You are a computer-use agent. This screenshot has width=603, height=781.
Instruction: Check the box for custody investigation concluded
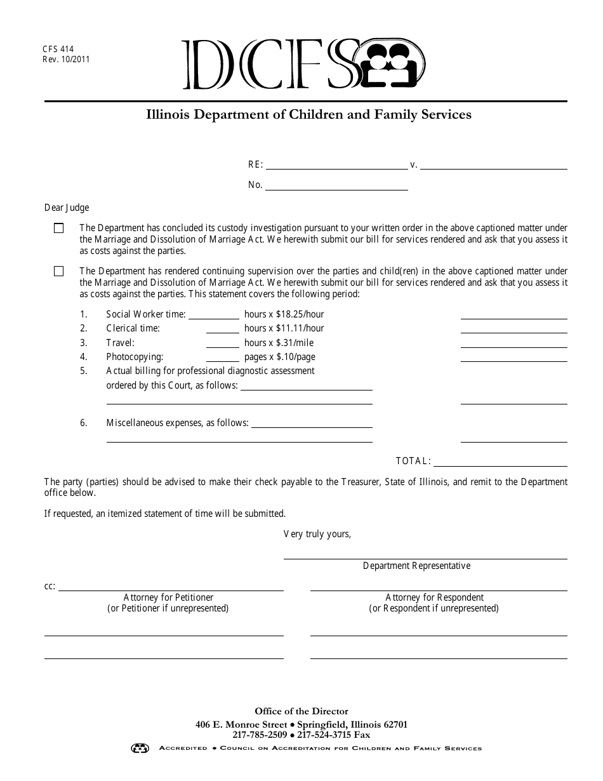click(59, 229)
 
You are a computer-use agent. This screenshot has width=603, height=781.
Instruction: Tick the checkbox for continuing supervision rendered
click(59, 272)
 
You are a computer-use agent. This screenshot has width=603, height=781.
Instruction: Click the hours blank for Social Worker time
click(213, 315)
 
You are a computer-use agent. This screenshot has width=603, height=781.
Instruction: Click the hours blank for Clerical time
click(222, 329)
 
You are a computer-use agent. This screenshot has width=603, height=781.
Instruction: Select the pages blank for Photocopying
click(222, 357)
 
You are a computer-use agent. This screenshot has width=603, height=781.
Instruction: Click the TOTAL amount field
click(500, 463)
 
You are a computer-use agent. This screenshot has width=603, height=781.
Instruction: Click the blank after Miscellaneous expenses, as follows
click(312, 424)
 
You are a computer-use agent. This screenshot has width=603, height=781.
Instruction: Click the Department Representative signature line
click(425, 555)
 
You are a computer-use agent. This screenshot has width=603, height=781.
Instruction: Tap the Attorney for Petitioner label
click(168, 597)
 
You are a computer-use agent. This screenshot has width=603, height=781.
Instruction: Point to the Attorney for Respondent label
click(434, 597)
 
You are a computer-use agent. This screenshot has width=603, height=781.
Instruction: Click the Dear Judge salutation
click(67, 208)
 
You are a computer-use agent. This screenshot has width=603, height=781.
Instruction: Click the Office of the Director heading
click(301, 712)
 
